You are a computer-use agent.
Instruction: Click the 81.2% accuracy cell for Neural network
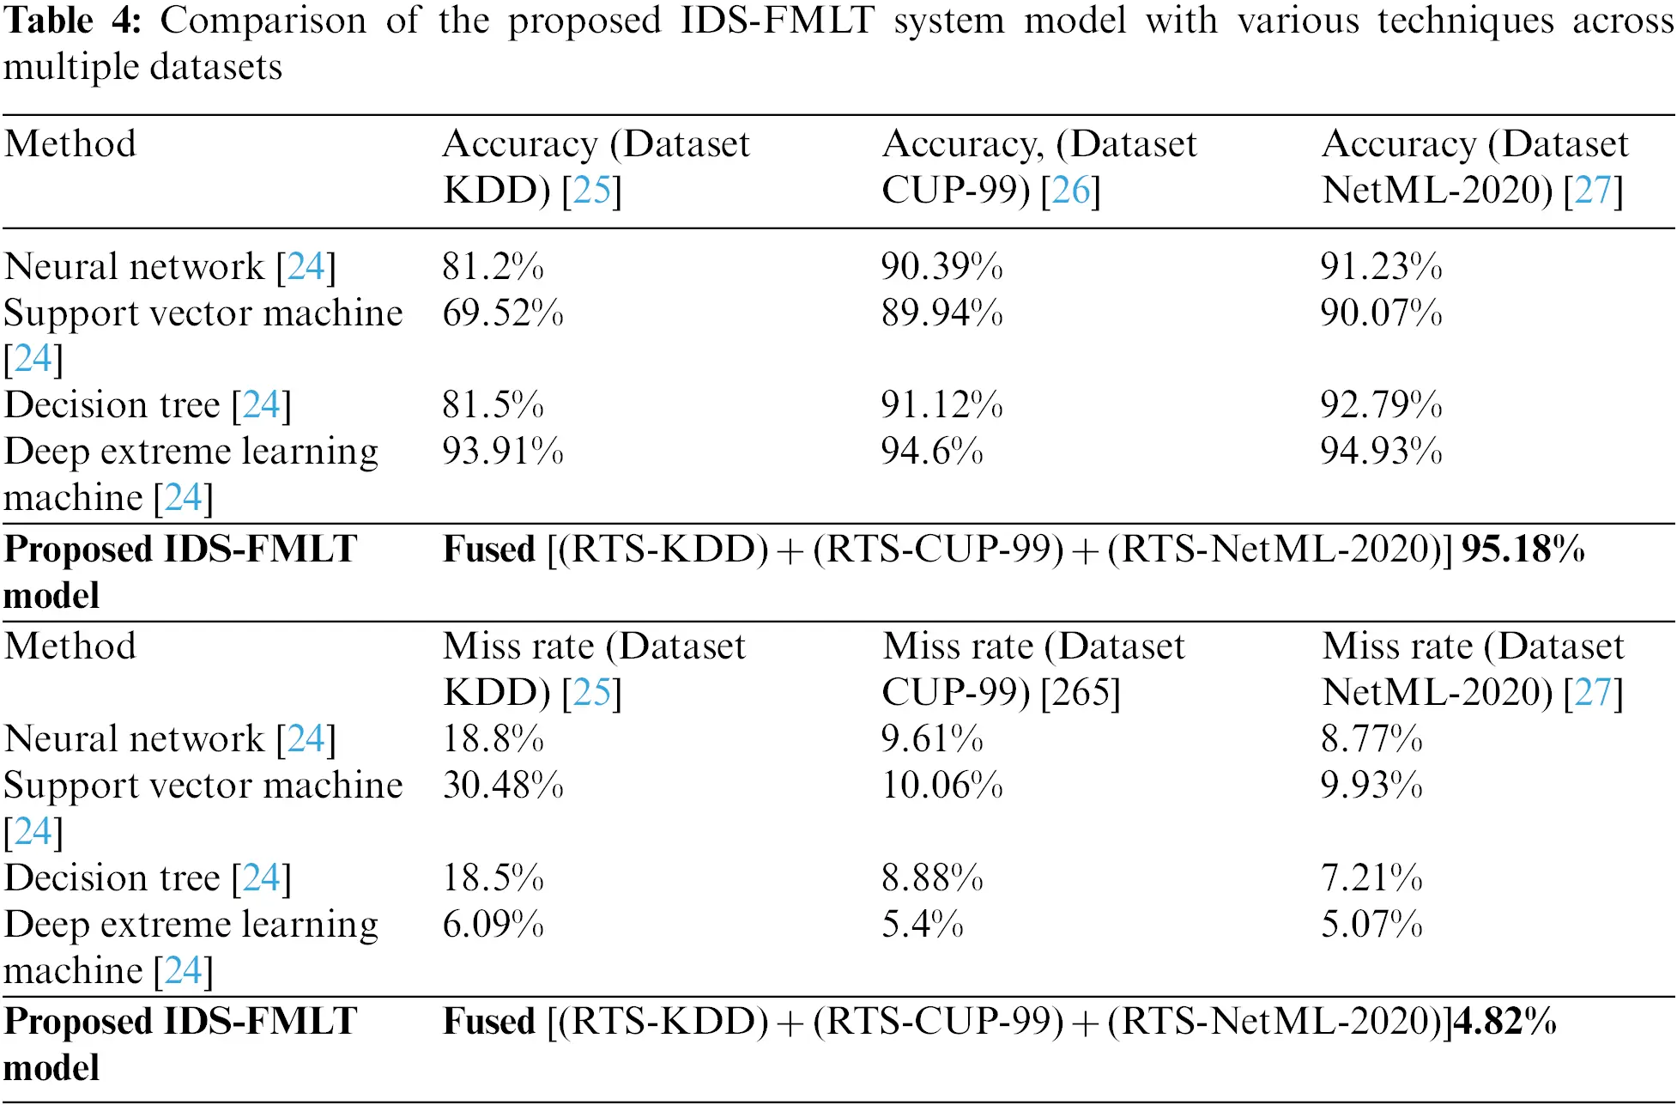(493, 267)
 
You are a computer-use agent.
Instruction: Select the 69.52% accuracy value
(503, 313)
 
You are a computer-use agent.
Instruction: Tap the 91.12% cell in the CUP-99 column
(941, 405)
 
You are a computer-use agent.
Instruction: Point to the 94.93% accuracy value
(1381, 452)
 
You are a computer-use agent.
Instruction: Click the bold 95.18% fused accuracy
(1523, 549)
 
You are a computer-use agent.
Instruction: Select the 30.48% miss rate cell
(503, 786)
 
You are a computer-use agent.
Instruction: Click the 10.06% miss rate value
(941, 786)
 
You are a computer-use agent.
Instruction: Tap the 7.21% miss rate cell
(1371, 878)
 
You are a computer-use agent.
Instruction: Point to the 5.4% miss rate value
(922, 925)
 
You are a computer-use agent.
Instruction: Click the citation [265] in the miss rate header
(1080, 693)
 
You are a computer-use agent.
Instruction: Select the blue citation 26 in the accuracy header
(1070, 191)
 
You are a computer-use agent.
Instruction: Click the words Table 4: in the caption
(72, 21)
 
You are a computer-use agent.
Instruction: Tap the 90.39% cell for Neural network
(941, 267)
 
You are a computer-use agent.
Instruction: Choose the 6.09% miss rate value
(493, 925)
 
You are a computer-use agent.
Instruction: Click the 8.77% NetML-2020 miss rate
(1371, 739)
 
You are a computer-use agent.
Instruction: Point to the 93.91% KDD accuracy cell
(503, 452)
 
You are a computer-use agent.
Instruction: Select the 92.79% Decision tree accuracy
(1381, 405)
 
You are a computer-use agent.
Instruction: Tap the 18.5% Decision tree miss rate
(493, 878)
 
